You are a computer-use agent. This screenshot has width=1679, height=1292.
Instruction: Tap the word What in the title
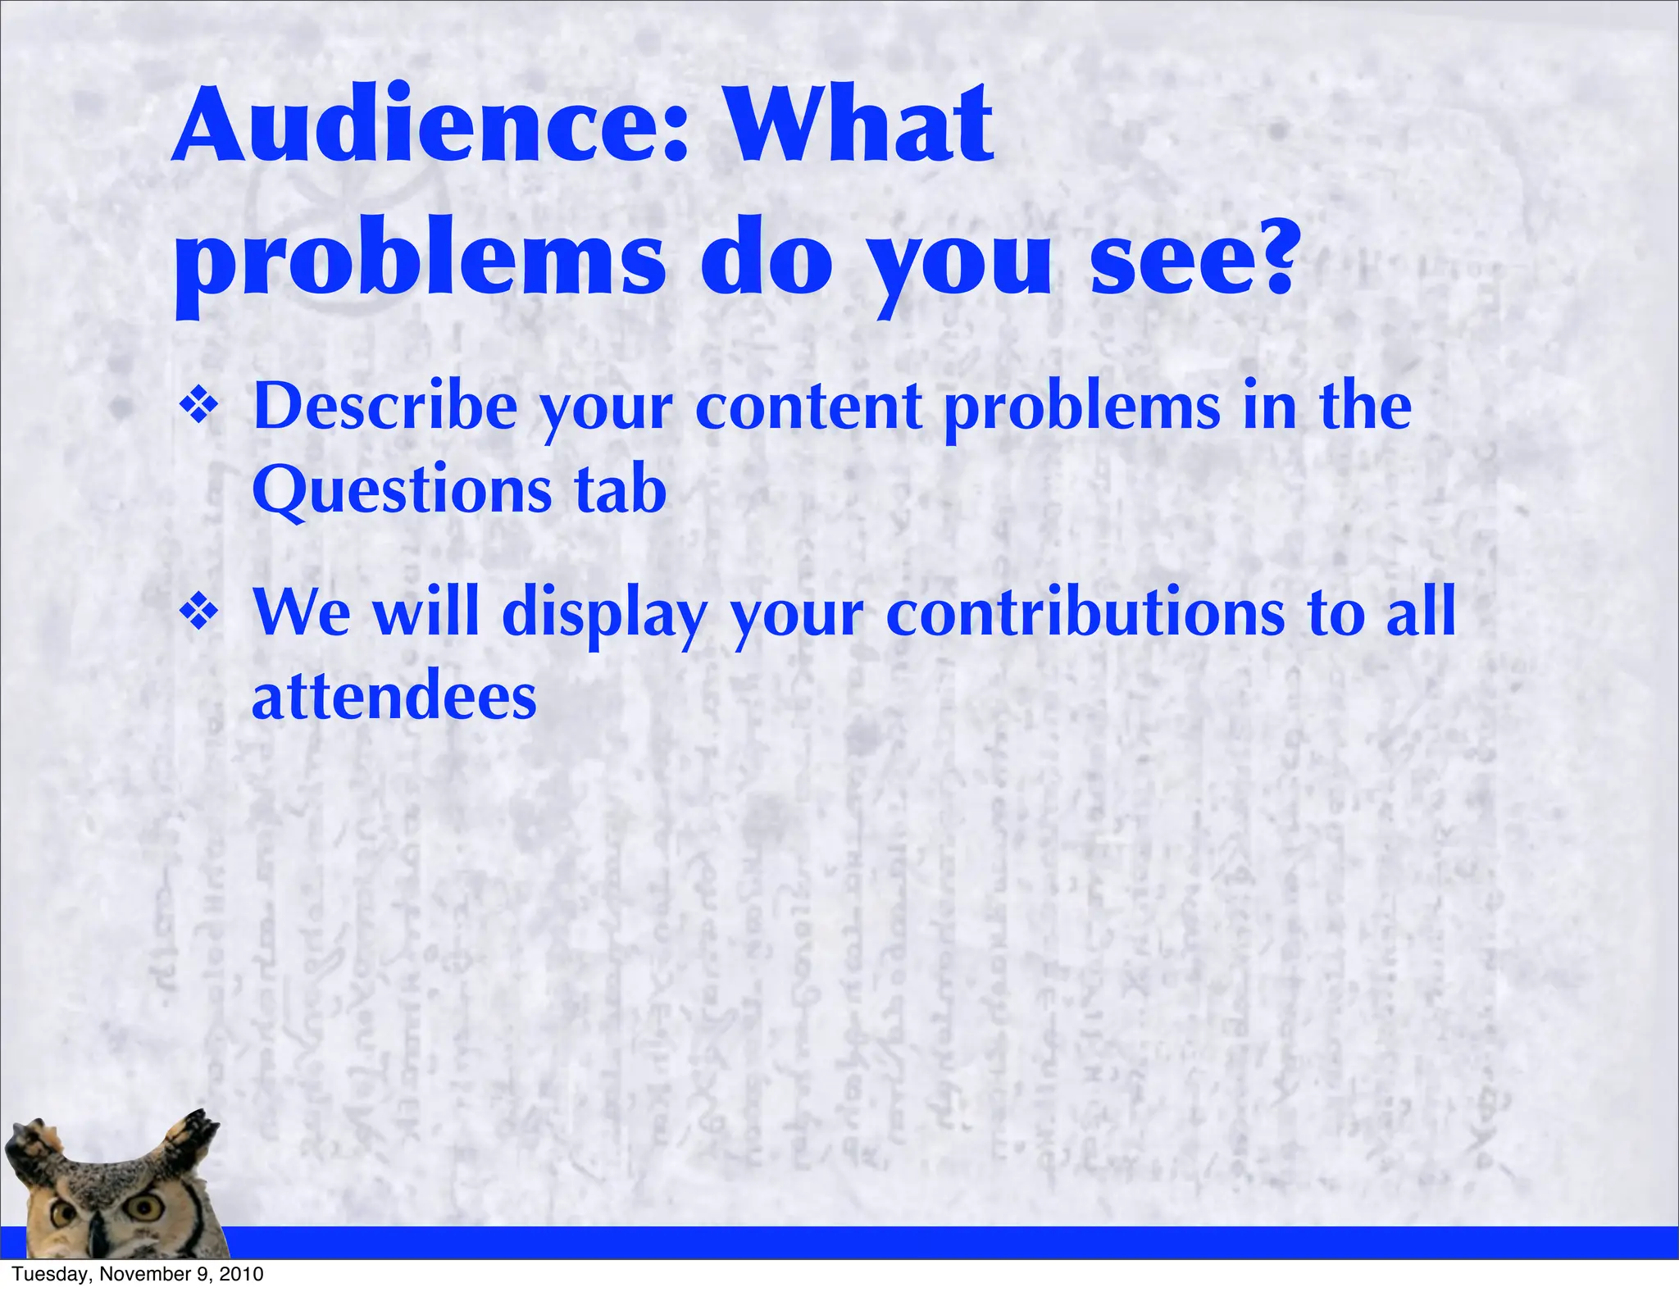[x=860, y=127]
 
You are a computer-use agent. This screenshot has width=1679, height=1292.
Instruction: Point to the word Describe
[x=385, y=407]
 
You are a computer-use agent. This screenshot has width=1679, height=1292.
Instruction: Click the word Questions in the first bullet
[x=402, y=490]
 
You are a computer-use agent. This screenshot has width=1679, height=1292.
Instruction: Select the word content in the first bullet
[x=808, y=407]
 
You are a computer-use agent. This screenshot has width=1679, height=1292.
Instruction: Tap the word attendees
[x=394, y=697]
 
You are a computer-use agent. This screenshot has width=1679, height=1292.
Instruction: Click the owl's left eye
[x=61, y=1213]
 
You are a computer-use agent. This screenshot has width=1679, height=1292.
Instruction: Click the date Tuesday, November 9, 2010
[x=138, y=1274]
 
